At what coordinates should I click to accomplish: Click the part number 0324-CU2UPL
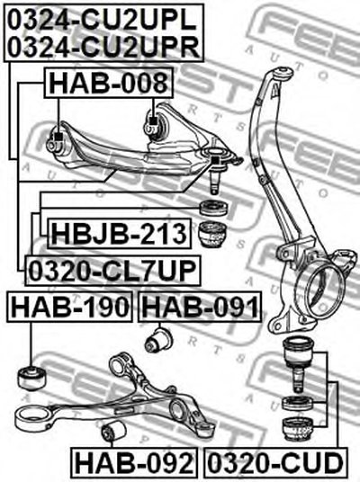(x=102, y=19)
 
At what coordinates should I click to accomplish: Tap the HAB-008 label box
(x=109, y=83)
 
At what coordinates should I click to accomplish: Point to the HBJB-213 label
(x=119, y=233)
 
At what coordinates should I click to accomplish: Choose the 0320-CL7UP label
(x=112, y=271)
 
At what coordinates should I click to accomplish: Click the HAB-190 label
(x=69, y=307)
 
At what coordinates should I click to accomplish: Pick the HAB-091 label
(x=201, y=307)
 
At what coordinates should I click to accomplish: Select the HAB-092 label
(x=133, y=463)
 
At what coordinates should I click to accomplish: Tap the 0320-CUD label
(x=275, y=463)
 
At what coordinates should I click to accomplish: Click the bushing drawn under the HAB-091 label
(x=158, y=340)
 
